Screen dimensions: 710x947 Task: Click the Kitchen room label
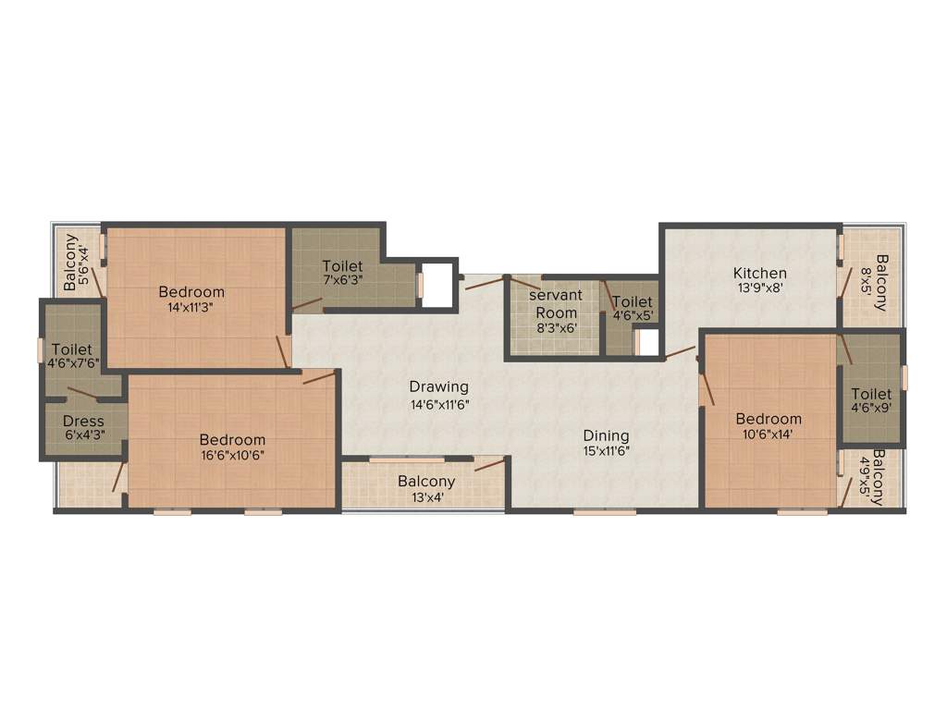pyautogui.click(x=759, y=273)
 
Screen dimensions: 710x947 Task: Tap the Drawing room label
pyautogui.click(x=439, y=386)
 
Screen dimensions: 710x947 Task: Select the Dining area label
pyautogui.click(x=606, y=435)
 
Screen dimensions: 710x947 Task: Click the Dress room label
pyautogui.click(x=83, y=422)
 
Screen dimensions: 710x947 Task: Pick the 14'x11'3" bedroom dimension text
pyautogui.click(x=191, y=308)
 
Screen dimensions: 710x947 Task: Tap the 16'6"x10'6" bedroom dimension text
pyautogui.click(x=232, y=456)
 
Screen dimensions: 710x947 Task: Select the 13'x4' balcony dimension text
pyautogui.click(x=426, y=496)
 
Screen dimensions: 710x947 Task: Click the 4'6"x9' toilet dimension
pyautogui.click(x=871, y=410)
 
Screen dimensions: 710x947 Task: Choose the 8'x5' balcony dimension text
pyautogui.click(x=867, y=282)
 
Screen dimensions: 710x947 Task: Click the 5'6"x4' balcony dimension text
pyautogui.click(x=85, y=264)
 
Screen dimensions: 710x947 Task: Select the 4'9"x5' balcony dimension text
pyautogui.click(x=866, y=477)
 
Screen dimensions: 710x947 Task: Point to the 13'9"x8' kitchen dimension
pyautogui.click(x=759, y=288)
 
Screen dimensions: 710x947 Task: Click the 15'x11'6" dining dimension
pyautogui.click(x=606, y=451)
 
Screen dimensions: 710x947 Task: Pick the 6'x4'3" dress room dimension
pyautogui.click(x=83, y=437)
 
